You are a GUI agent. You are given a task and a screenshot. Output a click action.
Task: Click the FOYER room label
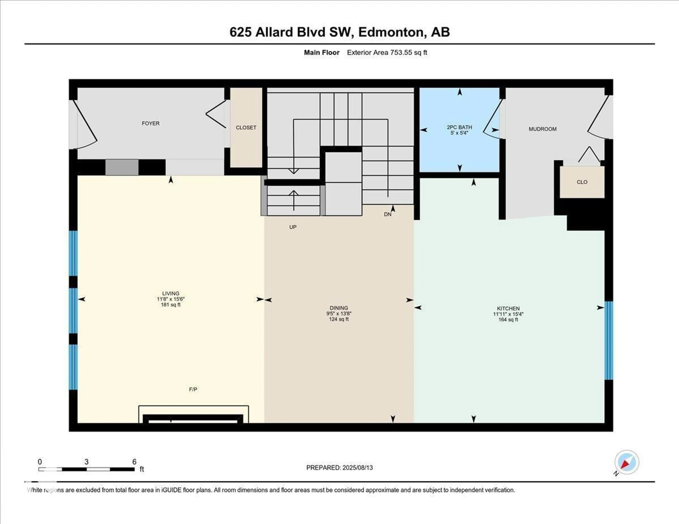coord(150,123)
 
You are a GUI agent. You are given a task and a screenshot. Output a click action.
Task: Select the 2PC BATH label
coord(459,127)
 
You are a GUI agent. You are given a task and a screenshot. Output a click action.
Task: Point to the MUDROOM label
coord(542,129)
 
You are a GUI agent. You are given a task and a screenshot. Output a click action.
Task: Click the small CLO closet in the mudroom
coord(582,182)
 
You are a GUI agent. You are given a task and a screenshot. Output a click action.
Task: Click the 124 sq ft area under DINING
coord(339,319)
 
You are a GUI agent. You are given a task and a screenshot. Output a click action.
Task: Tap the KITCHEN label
coord(508,308)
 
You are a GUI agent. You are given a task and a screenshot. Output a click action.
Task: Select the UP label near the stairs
coord(293,227)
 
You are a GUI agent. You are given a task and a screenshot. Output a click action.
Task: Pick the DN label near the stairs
coord(387,214)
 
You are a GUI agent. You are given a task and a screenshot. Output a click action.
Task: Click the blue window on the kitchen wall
coord(608,340)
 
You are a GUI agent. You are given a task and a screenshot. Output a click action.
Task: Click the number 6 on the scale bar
coord(134,462)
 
